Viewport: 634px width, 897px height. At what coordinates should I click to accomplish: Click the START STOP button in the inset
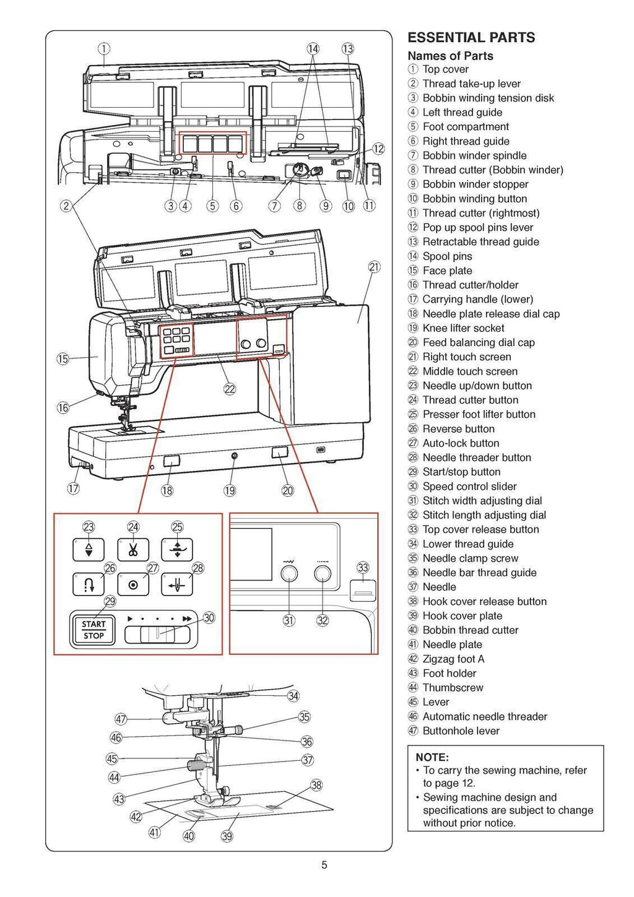pyautogui.click(x=94, y=630)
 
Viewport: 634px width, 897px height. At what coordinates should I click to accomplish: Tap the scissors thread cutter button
pyautogui.click(x=133, y=550)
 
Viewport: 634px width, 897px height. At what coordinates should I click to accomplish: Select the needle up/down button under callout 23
pyautogui.click(x=89, y=550)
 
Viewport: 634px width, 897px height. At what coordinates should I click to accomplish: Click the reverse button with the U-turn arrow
pyautogui.click(x=89, y=584)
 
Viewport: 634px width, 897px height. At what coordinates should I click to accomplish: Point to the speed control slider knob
pyautogui.click(x=157, y=635)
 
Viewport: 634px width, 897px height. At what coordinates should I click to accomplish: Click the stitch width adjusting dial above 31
pyautogui.click(x=289, y=574)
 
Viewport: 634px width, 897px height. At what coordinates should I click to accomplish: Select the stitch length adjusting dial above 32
pyautogui.click(x=323, y=574)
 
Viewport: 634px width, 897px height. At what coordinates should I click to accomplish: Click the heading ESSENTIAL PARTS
pyautogui.click(x=471, y=38)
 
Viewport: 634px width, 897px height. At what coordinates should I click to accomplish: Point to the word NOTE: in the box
pyautogui.click(x=432, y=757)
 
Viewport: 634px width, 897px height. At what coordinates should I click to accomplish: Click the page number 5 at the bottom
pyautogui.click(x=324, y=865)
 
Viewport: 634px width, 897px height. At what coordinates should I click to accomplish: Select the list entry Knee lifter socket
pyautogui.click(x=463, y=328)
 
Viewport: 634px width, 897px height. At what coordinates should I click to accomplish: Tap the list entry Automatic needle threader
pyautogui.click(x=485, y=716)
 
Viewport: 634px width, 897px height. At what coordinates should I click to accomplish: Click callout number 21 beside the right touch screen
pyautogui.click(x=375, y=267)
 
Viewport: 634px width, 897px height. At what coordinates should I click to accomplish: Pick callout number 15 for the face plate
pyautogui.click(x=63, y=358)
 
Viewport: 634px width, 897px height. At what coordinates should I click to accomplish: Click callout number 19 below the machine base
pyautogui.click(x=230, y=490)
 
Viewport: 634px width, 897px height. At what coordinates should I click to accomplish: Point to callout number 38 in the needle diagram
pyautogui.click(x=316, y=785)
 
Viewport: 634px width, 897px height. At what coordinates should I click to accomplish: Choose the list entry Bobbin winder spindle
pyautogui.click(x=474, y=155)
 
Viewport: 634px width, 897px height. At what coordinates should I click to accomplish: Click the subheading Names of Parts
pyautogui.click(x=450, y=56)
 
